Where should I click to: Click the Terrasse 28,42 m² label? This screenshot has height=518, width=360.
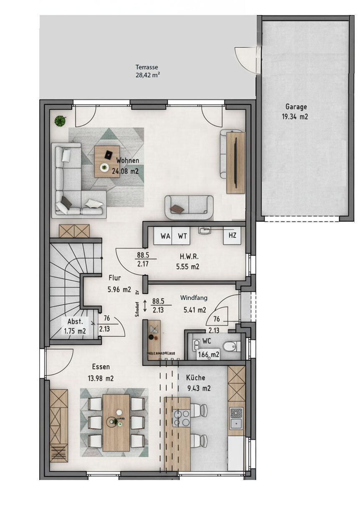click(147, 71)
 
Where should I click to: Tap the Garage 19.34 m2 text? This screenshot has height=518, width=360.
click(297, 112)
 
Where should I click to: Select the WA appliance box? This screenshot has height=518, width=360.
click(165, 236)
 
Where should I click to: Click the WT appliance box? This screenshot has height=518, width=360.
click(183, 236)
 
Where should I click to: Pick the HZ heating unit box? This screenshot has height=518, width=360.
click(232, 236)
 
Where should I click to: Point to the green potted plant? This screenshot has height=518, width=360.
click(61, 121)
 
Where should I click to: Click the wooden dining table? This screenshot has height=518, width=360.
click(116, 422)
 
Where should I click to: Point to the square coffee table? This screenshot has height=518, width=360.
click(106, 161)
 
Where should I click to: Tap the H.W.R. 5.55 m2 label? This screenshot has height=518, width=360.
click(189, 262)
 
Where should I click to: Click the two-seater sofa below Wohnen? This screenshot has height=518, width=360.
click(189, 207)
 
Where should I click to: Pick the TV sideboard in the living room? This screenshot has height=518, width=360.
click(236, 163)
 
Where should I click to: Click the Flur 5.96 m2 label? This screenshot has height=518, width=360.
click(119, 283)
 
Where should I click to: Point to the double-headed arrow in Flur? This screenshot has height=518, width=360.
click(145, 306)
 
